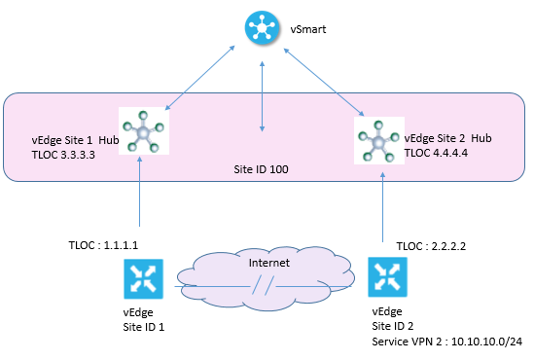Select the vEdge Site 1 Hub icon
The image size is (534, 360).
point(143,132)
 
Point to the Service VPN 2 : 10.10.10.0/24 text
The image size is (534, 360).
point(447,342)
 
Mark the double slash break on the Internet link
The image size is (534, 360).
point(258,287)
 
